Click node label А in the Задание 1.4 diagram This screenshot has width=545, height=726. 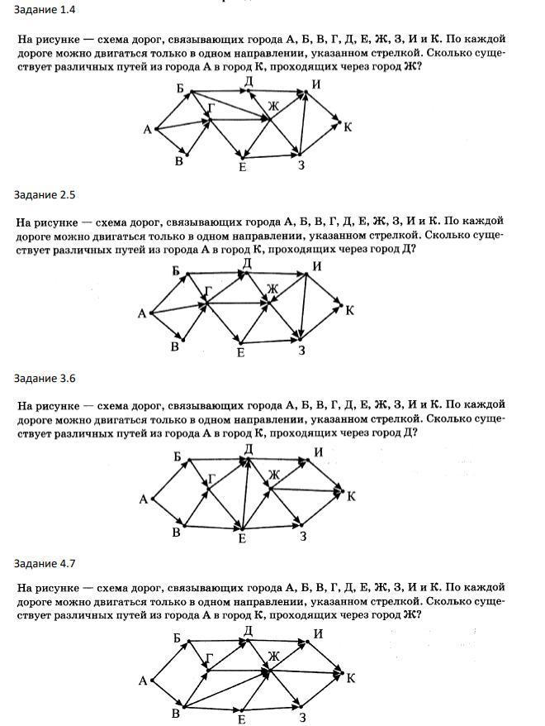tap(147, 128)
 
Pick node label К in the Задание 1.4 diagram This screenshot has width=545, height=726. tap(348, 127)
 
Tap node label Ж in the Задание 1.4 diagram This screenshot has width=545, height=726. tap(274, 106)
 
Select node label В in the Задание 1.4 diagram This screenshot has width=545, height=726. tap(178, 161)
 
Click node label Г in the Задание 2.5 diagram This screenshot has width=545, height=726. tap(209, 289)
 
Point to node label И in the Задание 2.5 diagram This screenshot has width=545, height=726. tap(316, 265)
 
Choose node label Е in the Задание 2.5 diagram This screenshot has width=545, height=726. tap(241, 353)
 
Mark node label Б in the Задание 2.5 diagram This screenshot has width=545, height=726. tap(176, 271)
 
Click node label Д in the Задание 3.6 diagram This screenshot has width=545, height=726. tap(248, 448)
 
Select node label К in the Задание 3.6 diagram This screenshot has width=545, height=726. tap(351, 496)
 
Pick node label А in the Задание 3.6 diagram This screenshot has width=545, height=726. tap(144, 498)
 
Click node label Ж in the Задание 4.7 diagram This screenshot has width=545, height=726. tap(274, 656)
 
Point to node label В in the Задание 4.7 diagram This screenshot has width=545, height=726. tap(175, 714)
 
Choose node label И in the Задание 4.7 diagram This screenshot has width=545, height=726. tap(318, 633)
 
